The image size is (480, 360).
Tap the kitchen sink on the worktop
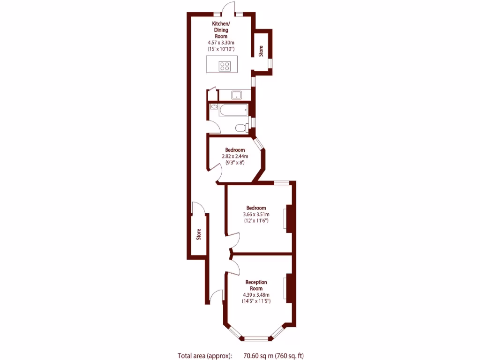[237, 95]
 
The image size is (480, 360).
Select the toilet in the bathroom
[240, 127]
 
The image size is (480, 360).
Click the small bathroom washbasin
[214, 107]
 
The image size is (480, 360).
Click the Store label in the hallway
[199, 233]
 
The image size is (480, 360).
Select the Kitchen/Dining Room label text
[221, 30]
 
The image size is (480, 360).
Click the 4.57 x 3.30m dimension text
[221, 42]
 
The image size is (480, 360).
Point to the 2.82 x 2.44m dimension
[234, 157]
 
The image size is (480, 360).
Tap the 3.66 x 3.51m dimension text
[255, 214]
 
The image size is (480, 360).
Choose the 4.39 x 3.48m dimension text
[256, 294]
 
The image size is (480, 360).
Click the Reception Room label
[256, 285]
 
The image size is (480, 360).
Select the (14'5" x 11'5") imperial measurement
[256, 301]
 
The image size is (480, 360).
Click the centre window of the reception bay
[256, 338]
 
